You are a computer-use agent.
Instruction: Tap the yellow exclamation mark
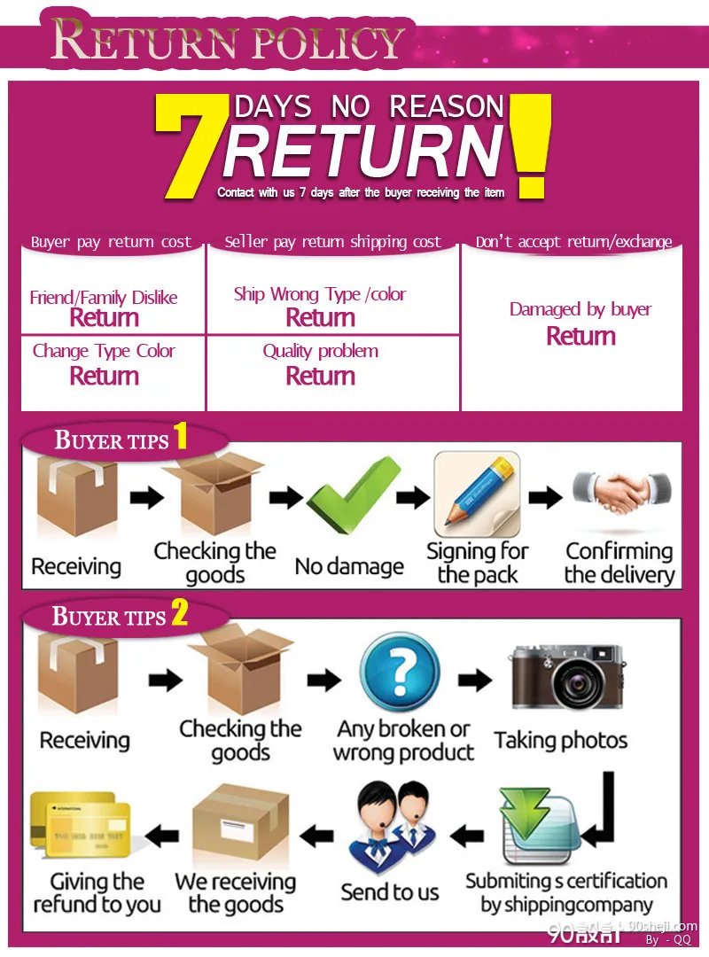530,145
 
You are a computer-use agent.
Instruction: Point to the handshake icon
621,490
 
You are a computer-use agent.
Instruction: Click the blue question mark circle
400,673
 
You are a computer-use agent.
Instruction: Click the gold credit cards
81,825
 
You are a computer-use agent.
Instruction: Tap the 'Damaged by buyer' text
580,309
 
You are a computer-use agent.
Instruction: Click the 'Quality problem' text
321,351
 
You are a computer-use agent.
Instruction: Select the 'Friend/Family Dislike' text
104,297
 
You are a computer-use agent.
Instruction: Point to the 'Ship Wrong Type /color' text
319,294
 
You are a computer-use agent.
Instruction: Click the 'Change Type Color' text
104,351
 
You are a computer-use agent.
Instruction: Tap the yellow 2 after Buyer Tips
180,611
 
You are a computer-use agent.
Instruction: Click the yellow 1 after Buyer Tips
180,436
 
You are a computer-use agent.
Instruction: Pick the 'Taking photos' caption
561,740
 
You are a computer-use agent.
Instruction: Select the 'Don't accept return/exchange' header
574,242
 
